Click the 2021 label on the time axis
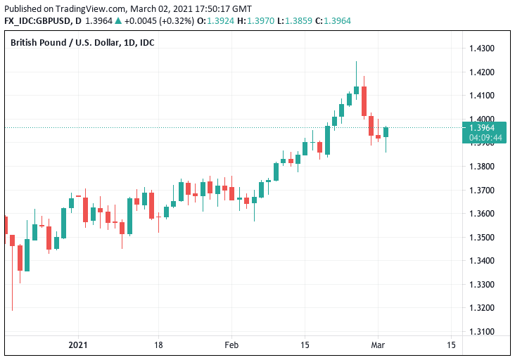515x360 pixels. click(x=78, y=345)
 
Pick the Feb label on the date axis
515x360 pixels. click(x=231, y=345)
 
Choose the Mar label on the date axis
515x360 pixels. click(x=378, y=345)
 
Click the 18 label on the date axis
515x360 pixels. click(x=158, y=345)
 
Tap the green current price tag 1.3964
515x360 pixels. click(x=485, y=127)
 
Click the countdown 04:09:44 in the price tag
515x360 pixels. click(x=485, y=137)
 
